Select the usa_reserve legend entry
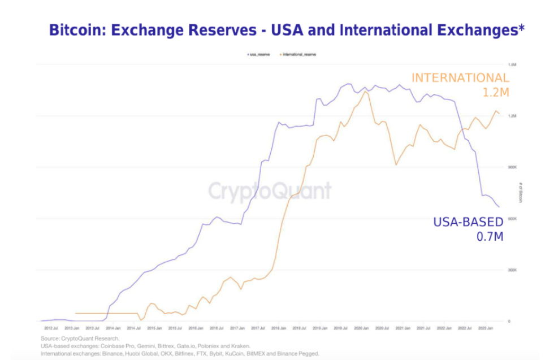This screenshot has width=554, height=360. (258, 54)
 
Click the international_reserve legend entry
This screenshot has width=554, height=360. (297, 54)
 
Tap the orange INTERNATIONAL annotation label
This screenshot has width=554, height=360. (460, 78)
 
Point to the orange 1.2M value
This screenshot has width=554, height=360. (496, 93)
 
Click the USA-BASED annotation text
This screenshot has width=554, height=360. (468, 222)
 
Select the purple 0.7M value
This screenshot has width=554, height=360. (490, 237)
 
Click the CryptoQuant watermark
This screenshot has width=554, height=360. (270, 191)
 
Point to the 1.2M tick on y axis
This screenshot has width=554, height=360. (513, 116)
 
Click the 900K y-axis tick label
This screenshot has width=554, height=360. (513, 167)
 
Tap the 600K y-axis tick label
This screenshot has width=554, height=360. (513, 219)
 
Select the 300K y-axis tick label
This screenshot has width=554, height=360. (513, 270)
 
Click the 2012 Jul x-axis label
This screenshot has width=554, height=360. (51, 327)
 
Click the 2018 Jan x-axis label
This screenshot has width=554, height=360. (278, 327)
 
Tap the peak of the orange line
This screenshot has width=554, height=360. (365, 92)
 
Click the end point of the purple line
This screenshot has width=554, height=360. (499, 207)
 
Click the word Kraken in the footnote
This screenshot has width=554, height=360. (240, 346)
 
